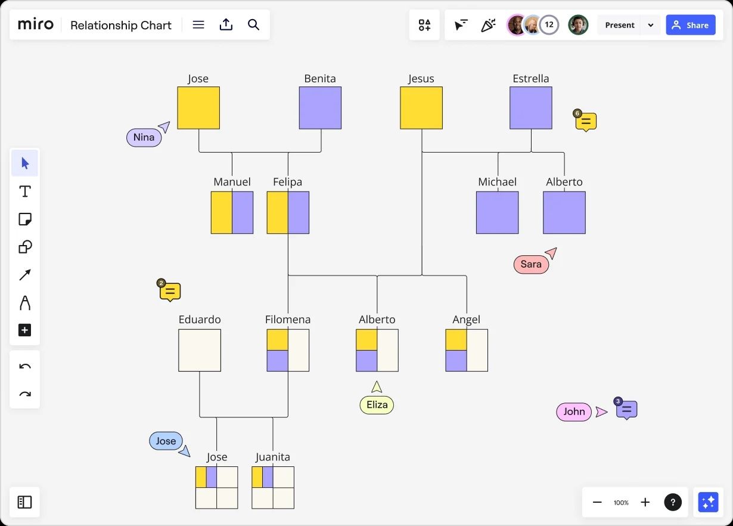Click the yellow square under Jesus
[421, 108]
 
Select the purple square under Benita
[320, 108]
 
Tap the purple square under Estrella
[530, 108]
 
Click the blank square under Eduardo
[200, 350]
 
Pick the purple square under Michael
[497, 212]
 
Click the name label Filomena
[288, 320]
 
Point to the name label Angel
[466, 320]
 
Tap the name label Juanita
[273, 457]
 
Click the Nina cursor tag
[144, 137]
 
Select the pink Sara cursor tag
[531, 264]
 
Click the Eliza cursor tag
[377, 405]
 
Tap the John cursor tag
[574, 411]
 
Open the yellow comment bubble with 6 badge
[586, 122]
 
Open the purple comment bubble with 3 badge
[626, 410]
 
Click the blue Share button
[691, 25]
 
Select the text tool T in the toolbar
[24, 191]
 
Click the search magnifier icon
[253, 25]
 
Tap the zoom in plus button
[645, 502]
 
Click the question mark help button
[673, 502]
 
